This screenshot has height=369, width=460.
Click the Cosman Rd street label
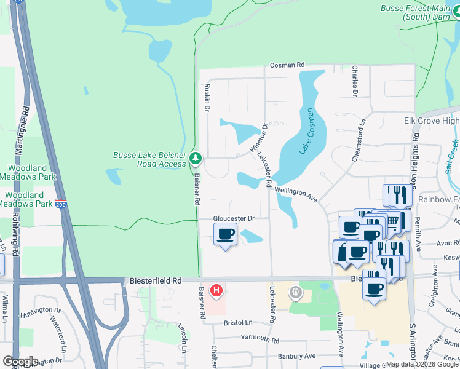tap(287, 65)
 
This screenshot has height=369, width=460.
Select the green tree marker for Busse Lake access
tap(196, 159)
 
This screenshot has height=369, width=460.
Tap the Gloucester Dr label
tap(234, 218)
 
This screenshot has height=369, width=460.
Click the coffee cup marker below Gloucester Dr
tap(226, 235)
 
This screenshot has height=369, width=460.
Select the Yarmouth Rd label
tap(260, 339)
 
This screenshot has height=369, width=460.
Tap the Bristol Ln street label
tap(238, 323)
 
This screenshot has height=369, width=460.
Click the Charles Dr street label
tap(355, 82)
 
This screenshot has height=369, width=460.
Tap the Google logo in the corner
tap(20, 362)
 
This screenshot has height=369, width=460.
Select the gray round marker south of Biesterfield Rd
tap(296, 293)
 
